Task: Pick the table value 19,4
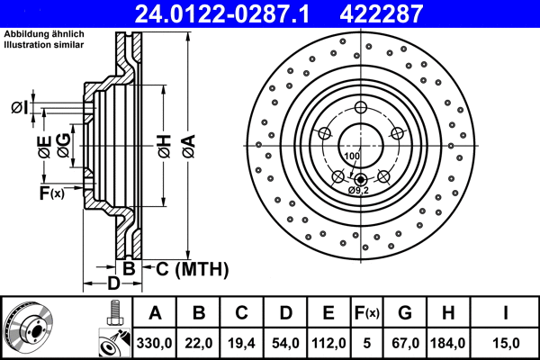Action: [x=240, y=342]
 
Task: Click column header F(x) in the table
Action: [x=367, y=312]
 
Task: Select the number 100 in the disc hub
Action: [x=351, y=157]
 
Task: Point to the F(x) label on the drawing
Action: [x=51, y=193]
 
